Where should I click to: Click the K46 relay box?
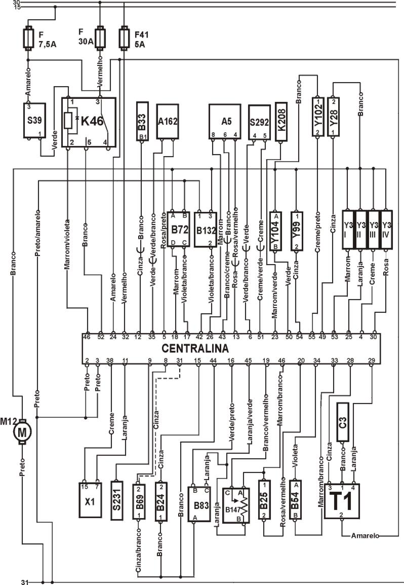89,122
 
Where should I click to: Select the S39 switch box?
34,120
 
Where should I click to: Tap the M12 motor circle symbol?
22,432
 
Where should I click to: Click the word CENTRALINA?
195,348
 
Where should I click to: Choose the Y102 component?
317,116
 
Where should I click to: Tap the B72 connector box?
178,229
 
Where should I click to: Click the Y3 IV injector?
387,229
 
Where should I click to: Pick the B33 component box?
143,121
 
